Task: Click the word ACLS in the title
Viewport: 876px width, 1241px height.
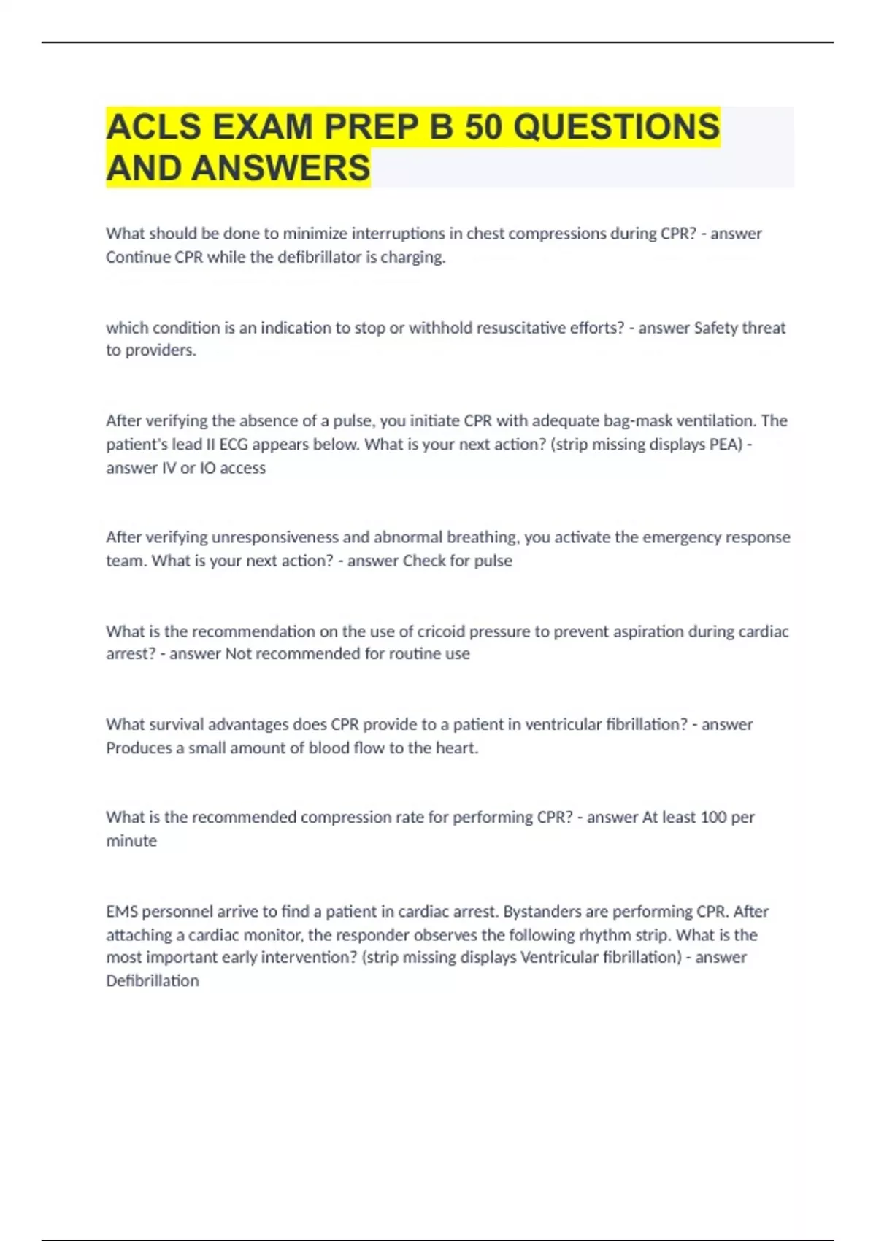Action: (x=153, y=127)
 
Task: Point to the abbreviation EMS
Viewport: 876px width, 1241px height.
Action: (x=122, y=912)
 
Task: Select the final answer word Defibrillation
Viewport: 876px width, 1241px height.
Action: (x=153, y=981)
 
